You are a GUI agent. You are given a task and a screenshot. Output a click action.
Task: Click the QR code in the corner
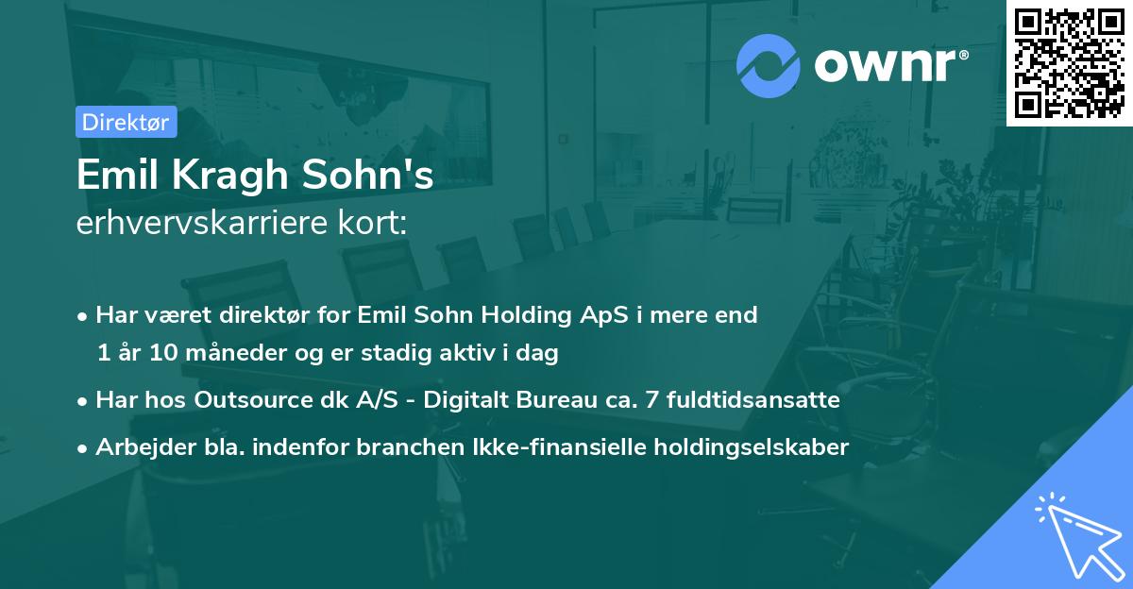point(1069,63)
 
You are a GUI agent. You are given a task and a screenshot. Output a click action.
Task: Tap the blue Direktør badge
point(126,122)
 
